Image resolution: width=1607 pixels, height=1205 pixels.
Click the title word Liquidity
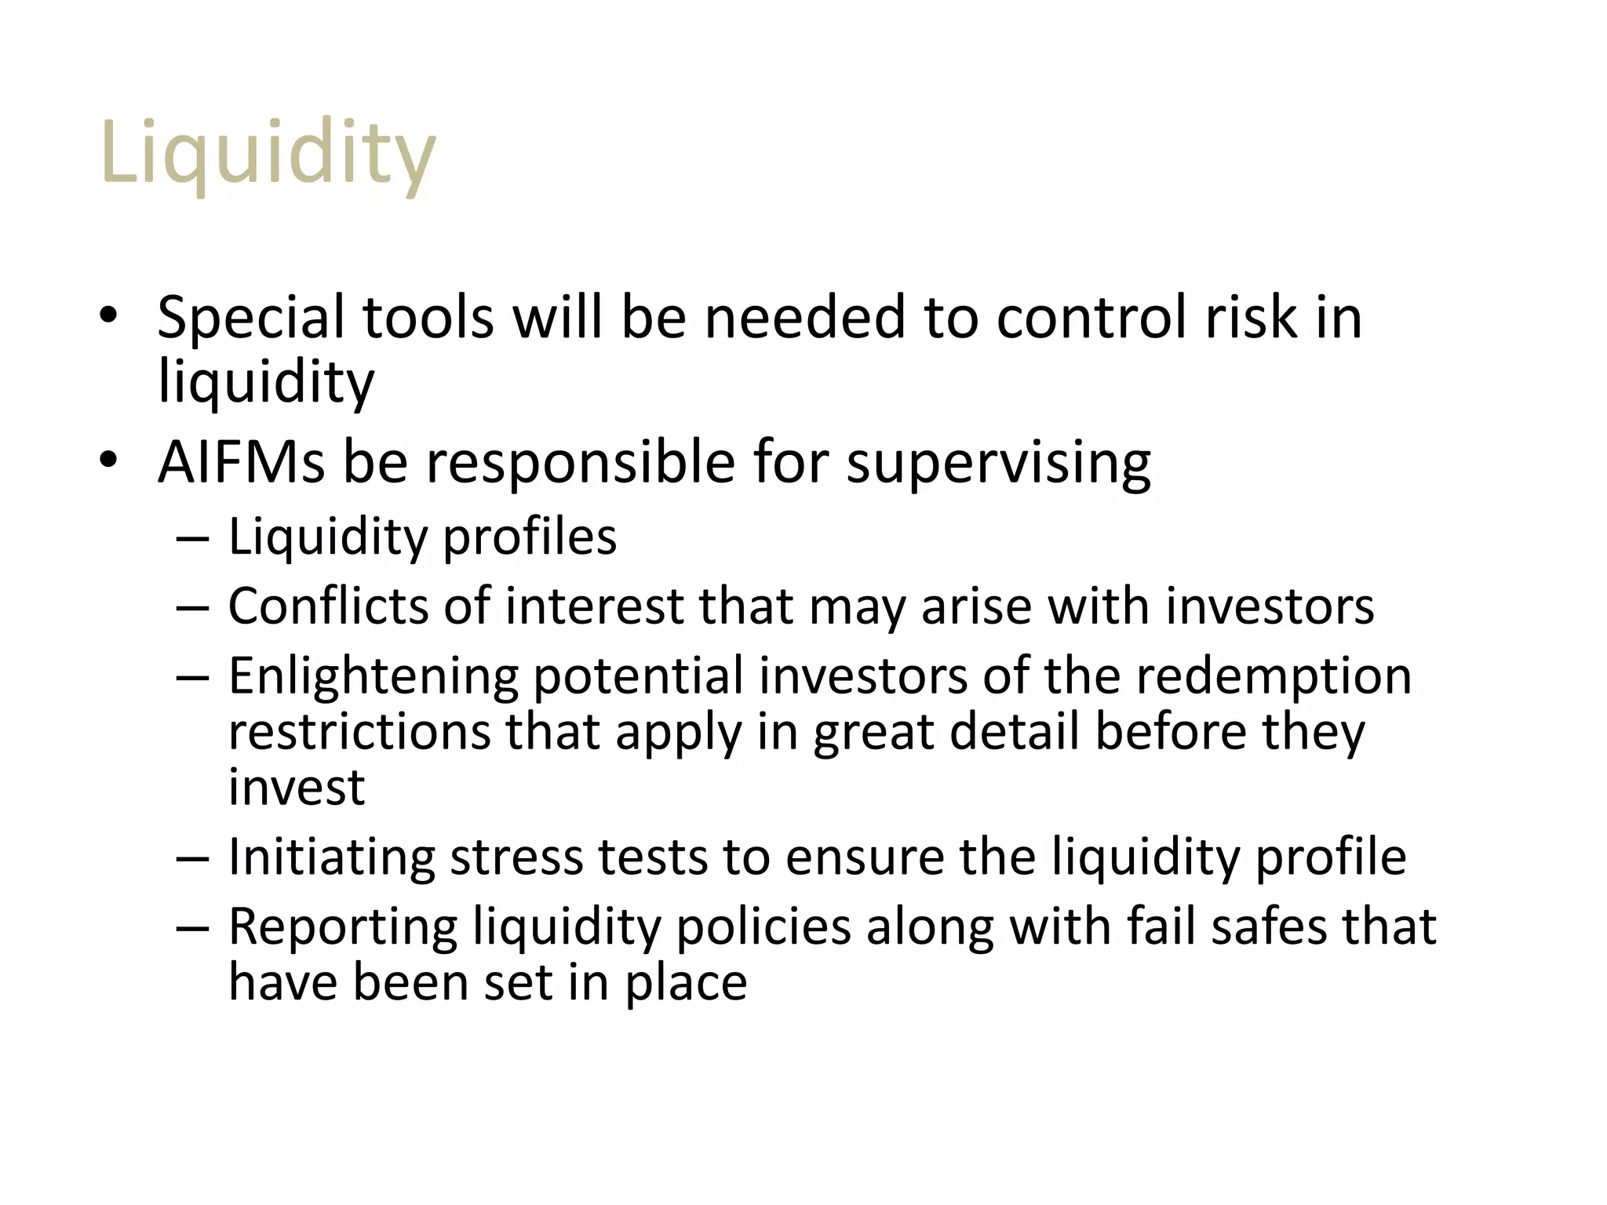pyautogui.click(x=268, y=153)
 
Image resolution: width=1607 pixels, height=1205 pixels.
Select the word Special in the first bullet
pyautogui.click(x=250, y=318)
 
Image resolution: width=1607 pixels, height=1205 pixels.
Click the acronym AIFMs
pyautogui.click(x=241, y=462)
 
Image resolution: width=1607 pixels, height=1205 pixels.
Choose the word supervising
pyautogui.click(x=998, y=462)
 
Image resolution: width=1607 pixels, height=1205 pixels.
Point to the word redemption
pyautogui.click(x=1274, y=676)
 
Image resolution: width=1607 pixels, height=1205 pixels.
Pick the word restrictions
pyautogui.click(x=359, y=732)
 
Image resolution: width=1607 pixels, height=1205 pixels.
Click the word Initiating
pyautogui.click(x=331, y=857)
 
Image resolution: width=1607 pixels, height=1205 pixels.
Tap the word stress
pyautogui.click(x=516, y=857)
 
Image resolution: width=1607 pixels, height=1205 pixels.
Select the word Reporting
pyautogui.click(x=343, y=927)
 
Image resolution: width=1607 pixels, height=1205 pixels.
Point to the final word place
pyautogui.click(x=686, y=983)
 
